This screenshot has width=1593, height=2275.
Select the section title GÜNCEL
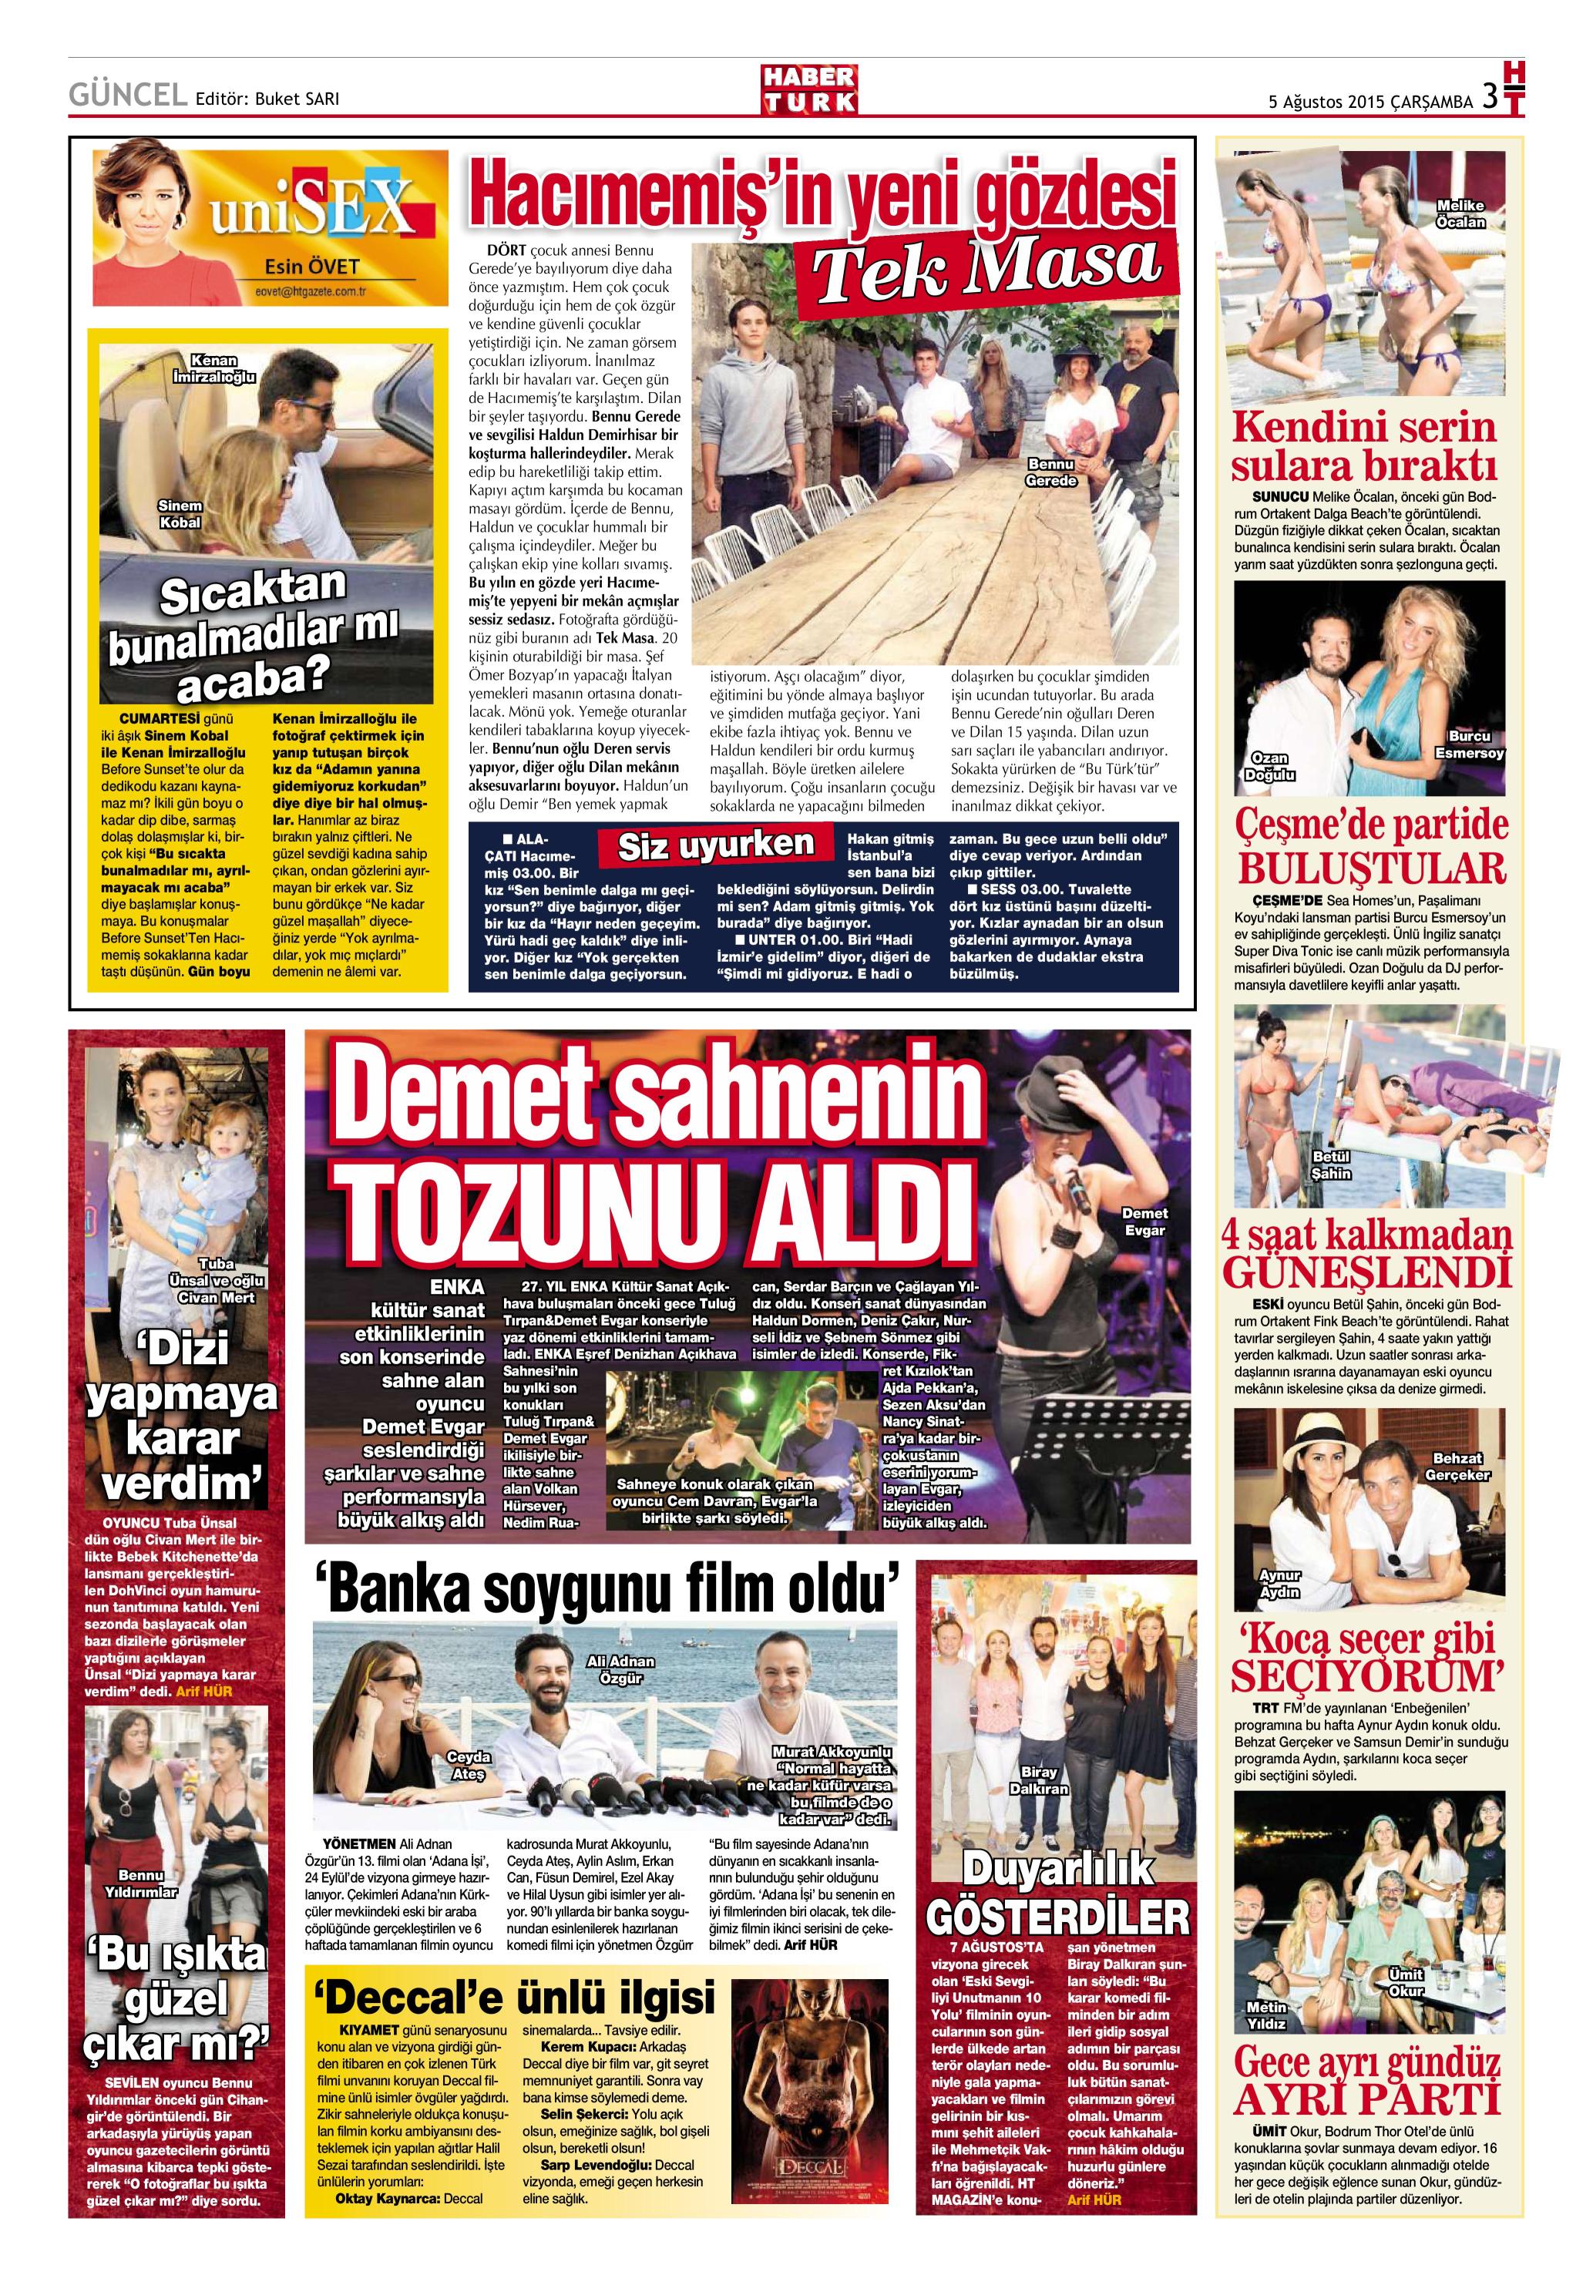click(x=126, y=97)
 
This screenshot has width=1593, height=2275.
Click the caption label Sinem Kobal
click(x=180, y=514)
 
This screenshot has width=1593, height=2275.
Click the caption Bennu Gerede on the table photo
click(x=1050, y=472)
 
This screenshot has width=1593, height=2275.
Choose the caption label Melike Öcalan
click(x=1460, y=213)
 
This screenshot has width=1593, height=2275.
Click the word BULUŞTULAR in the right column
click(x=1371, y=869)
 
